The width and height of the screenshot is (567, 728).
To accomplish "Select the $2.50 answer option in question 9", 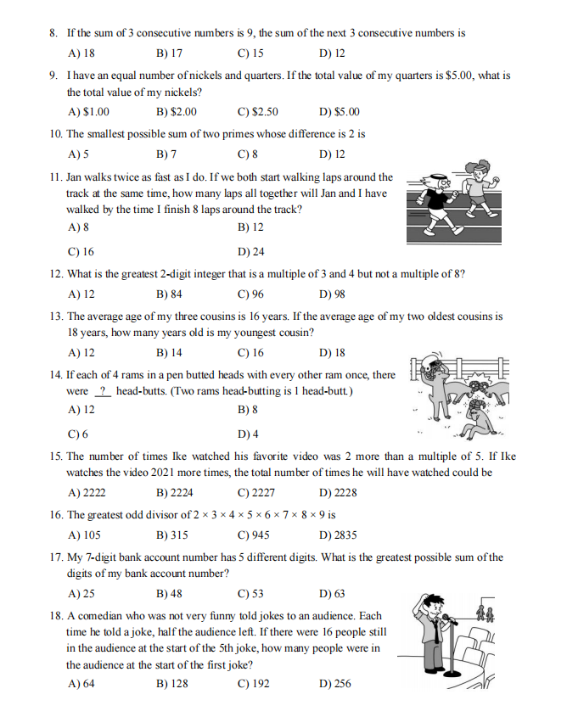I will (x=258, y=112).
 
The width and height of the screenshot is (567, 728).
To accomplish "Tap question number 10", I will (x=56, y=134).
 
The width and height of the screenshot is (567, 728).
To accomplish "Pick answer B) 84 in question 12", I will (x=169, y=295).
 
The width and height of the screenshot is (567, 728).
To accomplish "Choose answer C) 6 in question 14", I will (x=78, y=434).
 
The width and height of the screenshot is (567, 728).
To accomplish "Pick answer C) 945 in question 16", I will (x=253, y=535).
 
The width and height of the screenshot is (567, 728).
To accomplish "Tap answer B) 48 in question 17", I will (x=168, y=594).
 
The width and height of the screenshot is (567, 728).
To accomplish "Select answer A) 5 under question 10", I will (x=78, y=154).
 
